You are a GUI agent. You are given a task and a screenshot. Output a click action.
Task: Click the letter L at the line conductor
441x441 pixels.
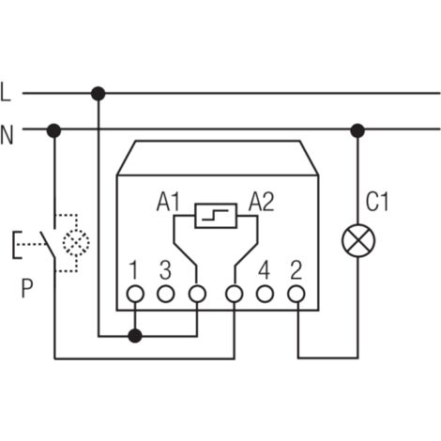[x=6, y=92]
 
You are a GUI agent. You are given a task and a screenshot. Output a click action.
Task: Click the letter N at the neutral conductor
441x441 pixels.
[x=7, y=134]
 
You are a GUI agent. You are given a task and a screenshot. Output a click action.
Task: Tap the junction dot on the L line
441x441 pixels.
[x=98, y=94]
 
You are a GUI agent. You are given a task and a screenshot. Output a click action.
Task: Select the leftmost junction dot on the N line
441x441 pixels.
[x=53, y=130]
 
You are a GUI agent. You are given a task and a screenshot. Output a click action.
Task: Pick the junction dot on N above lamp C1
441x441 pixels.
[x=357, y=130]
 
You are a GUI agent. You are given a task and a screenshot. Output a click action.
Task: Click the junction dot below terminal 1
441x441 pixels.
[x=135, y=336]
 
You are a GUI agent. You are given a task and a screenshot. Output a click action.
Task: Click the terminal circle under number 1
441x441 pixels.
[x=135, y=294]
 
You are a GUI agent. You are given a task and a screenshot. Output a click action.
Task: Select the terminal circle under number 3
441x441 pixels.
[x=165, y=294]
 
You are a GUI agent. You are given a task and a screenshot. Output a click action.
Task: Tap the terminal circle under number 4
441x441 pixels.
[x=265, y=294]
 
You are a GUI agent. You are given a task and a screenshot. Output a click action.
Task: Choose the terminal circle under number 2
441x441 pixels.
[x=296, y=294]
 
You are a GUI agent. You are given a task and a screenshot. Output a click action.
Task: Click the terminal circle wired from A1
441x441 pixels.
[x=197, y=294]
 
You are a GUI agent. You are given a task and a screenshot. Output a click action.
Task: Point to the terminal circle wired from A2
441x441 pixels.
[x=235, y=294]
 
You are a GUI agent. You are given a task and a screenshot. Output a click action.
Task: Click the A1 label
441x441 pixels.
[x=168, y=202]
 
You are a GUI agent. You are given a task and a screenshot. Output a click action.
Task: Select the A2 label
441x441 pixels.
[x=262, y=202]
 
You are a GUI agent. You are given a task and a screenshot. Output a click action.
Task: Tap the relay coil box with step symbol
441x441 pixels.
[x=216, y=216]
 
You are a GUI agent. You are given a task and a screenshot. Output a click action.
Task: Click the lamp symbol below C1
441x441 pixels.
[x=358, y=240]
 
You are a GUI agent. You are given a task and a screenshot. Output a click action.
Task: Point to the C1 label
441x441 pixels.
[x=377, y=202]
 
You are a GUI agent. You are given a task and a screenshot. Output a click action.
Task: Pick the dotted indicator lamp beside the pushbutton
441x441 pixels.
[x=76, y=242]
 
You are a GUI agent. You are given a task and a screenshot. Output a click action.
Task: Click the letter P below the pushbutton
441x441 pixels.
[x=27, y=288]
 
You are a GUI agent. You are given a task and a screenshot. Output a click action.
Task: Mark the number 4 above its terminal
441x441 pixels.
[x=264, y=270]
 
